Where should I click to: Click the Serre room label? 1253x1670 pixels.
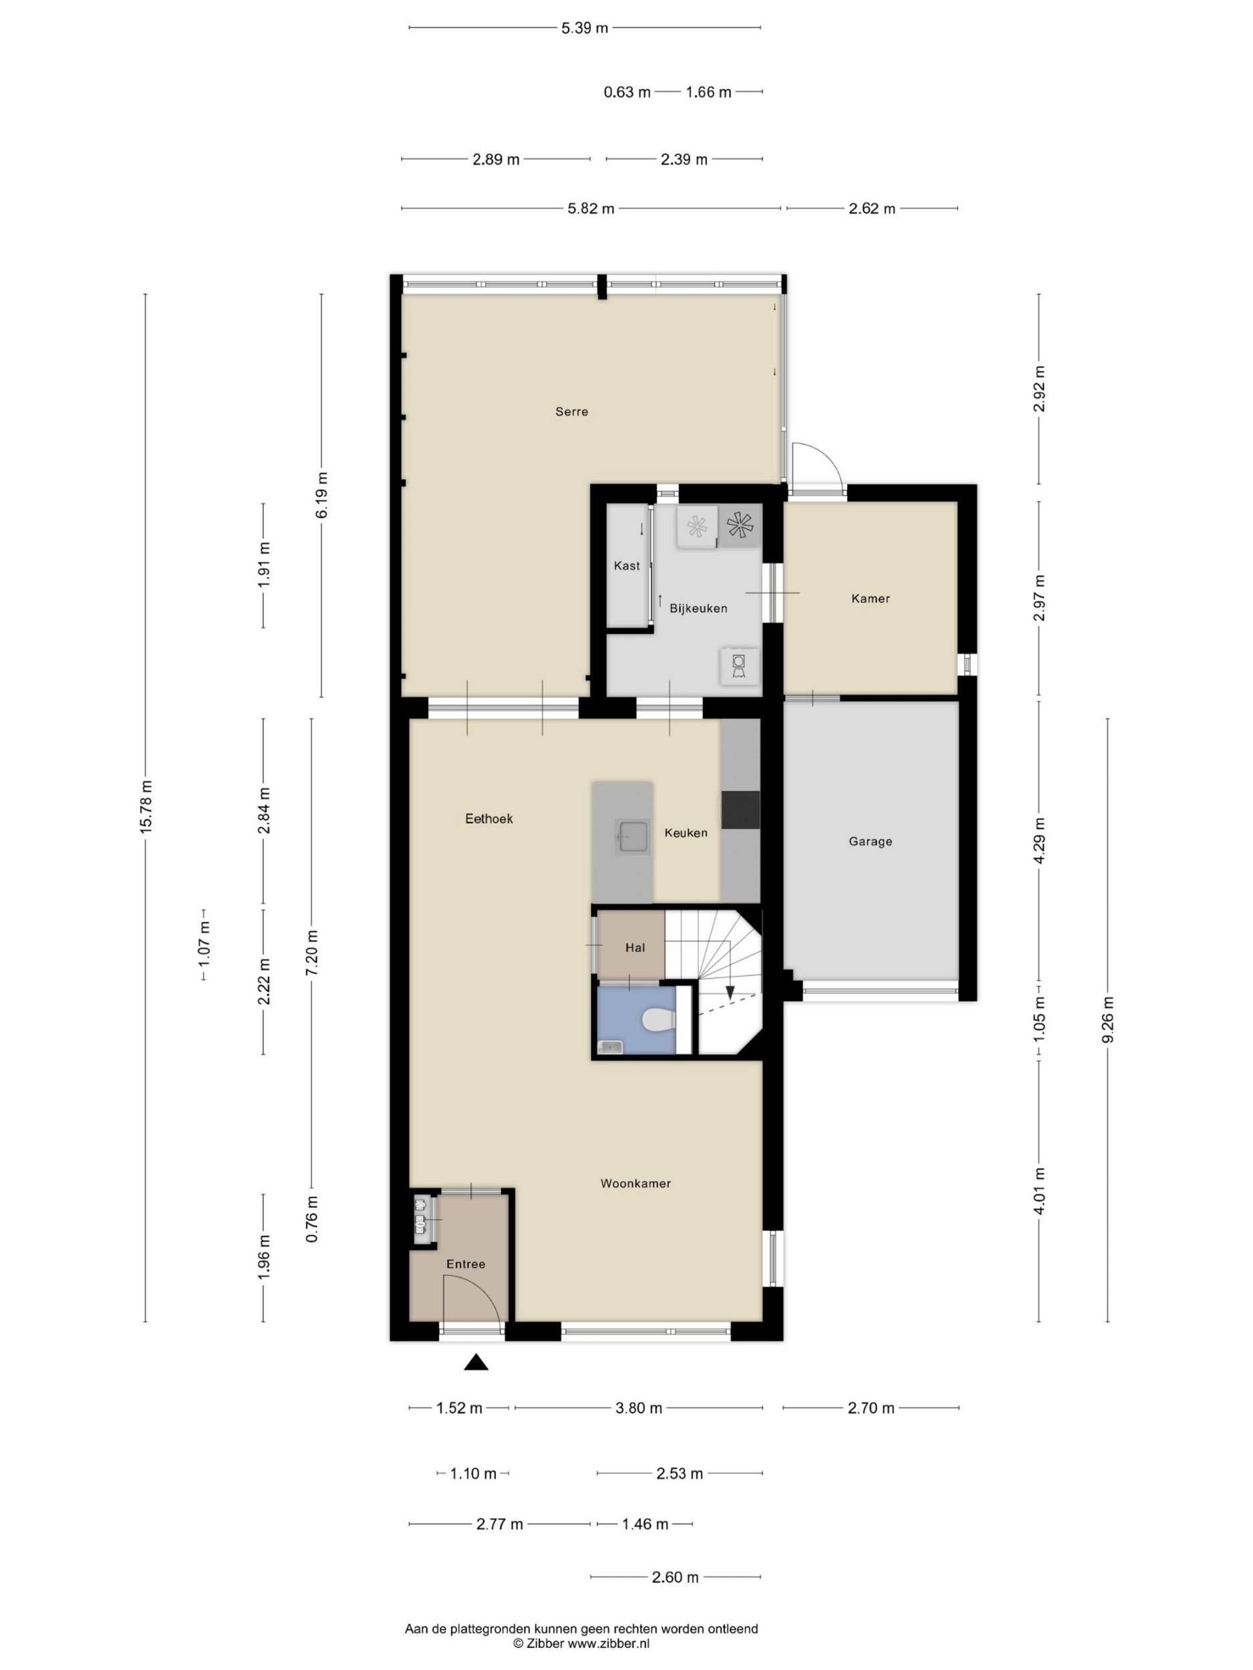pyautogui.click(x=571, y=411)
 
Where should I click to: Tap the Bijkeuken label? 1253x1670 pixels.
pyautogui.click(x=698, y=608)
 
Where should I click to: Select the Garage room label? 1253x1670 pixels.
pyautogui.click(x=870, y=841)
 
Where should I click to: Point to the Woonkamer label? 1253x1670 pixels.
pyautogui.click(x=635, y=1183)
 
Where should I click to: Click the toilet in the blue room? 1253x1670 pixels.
pyautogui.click(x=660, y=1021)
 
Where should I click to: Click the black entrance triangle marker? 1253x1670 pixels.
pyautogui.click(x=476, y=1361)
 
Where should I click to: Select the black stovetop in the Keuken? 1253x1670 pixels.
pyautogui.click(x=740, y=810)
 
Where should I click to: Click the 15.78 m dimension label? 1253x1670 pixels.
pyautogui.click(x=146, y=806)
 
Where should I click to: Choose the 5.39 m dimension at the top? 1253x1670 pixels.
pyautogui.click(x=585, y=29)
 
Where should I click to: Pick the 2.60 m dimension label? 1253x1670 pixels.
pyautogui.click(x=675, y=1577)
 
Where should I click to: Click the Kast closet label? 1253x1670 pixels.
pyautogui.click(x=627, y=566)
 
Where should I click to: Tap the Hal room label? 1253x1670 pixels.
pyautogui.click(x=635, y=947)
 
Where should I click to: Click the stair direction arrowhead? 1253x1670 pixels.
pyautogui.click(x=730, y=993)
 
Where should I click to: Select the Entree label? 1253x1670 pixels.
pyautogui.click(x=465, y=1264)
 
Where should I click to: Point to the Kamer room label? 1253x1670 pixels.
pyautogui.click(x=870, y=598)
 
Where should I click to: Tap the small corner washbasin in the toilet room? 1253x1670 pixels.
pyautogui.click(x=609, y=1046)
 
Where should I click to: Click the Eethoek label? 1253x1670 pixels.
pyautogui.click(x=489, y=818)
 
